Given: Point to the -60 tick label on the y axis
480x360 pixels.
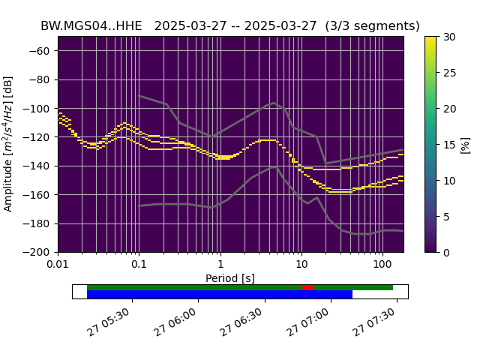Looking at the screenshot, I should [41, 51].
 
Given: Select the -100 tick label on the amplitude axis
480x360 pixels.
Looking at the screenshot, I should [38, 109].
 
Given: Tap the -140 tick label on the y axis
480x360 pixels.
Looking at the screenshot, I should [38, 166].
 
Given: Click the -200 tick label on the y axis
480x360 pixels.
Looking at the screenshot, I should [38, 253].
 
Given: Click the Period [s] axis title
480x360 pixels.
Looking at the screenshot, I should [230, 278].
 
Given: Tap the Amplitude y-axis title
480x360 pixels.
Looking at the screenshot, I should [9, 144].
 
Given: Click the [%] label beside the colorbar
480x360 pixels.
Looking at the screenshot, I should [466, 144].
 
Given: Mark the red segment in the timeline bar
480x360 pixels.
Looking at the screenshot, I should [307, 287].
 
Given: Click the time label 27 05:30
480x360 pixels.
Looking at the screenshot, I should [110, 322].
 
